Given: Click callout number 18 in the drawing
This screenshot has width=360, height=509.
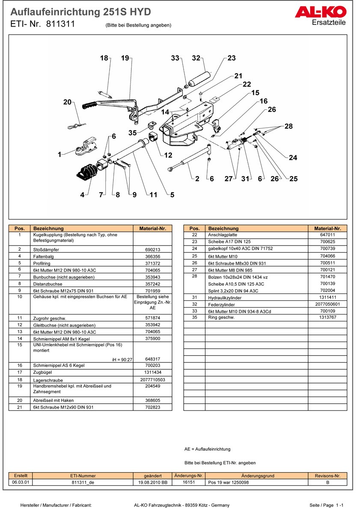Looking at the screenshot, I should pos(104,58).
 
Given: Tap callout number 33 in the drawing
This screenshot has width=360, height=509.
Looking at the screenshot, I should pos(175,58).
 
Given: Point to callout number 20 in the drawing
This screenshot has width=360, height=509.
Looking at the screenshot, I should pos(67,102).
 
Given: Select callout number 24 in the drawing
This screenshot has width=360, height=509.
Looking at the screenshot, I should pos(293,158).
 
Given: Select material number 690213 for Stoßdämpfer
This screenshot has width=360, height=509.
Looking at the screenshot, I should pos(153,249).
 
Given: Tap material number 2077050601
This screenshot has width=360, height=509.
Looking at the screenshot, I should pos(327,304).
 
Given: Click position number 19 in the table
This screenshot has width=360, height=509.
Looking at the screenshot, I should pos(20,386).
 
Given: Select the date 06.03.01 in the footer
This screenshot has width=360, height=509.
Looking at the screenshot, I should pos(21,482).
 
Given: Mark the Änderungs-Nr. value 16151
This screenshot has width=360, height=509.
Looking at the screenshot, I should pos(189,482).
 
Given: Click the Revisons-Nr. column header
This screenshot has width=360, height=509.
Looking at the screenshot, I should pos(327,476).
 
